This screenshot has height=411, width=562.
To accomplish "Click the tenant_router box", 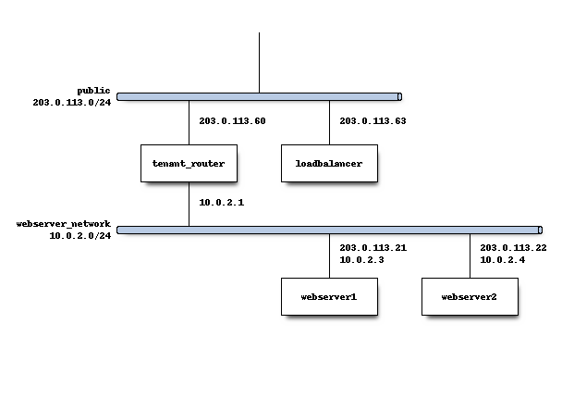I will (189, 163).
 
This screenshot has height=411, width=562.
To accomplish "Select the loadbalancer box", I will (329, 163).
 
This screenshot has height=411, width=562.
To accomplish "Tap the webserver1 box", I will (329, 296).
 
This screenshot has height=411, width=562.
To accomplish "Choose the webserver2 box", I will (470, 296).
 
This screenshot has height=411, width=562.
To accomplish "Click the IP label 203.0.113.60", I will (233, 121).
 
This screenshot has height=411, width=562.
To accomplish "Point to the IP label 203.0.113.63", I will (373, 121).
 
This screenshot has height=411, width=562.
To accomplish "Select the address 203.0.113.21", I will (373, 248).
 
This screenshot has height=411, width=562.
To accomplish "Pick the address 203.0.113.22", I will (514, 248).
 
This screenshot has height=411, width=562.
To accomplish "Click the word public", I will (93, 91).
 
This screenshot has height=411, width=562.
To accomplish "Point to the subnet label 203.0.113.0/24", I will (71, 103).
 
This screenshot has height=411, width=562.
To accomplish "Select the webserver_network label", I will (64, 224).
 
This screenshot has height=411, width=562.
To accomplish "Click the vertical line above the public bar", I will (259, 61).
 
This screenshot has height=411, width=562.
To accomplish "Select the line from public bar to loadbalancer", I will (329, 121).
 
